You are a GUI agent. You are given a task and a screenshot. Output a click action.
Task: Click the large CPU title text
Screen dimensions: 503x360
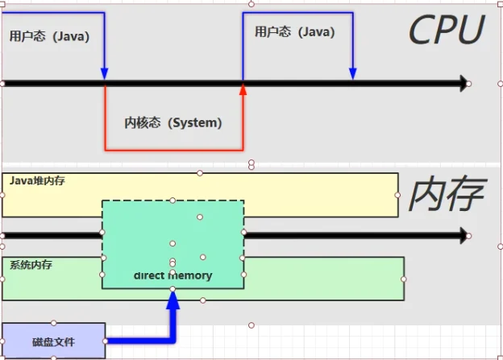click(447, 30)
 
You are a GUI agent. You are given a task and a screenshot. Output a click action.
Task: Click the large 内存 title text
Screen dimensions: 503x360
click(447, 193)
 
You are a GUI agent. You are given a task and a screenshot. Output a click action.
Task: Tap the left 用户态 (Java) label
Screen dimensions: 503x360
click(49, 36)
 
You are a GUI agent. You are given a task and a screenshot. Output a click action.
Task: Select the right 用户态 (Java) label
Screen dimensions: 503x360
click(295, 32)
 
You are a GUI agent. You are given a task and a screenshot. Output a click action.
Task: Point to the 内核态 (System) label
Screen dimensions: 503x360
click(173, 122)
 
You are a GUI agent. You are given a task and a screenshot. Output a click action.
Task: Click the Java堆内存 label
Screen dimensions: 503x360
click(37, 180)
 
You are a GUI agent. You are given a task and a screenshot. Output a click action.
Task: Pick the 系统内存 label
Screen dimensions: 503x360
click(31, 265)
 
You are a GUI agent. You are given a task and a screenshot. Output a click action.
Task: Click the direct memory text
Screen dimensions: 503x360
click(173, 275)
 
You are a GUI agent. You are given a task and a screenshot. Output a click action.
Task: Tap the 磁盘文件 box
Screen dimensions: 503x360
click(53, 341)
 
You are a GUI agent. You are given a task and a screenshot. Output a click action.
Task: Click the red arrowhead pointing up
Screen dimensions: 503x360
click(243, 89)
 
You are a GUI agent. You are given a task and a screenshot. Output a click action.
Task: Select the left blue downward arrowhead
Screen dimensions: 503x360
click(104, 74)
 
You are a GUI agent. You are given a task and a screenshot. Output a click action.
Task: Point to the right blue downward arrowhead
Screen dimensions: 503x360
click(353, 74)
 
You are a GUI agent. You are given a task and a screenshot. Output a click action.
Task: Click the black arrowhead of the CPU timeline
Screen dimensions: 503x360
click(464, 84)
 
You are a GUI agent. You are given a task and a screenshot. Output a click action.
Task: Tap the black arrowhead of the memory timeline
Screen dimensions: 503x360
click(464, 236)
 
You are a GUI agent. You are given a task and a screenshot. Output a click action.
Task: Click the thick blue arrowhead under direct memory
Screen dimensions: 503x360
click(173, 300)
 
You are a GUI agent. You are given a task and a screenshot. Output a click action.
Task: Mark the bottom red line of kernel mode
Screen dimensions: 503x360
click(174, 150)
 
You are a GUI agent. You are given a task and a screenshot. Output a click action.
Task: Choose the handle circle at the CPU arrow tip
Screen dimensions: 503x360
click(468, 84)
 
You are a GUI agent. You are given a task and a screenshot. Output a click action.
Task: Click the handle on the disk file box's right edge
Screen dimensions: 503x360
click(106, 341)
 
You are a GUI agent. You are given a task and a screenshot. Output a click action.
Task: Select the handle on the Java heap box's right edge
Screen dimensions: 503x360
click(397, 195)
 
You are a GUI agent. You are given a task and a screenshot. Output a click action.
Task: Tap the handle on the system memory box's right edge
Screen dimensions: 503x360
click(404, 279)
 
